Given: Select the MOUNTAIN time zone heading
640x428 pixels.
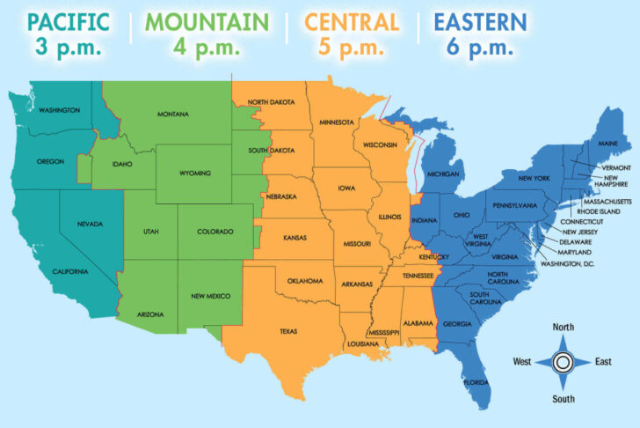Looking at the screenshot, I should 207,20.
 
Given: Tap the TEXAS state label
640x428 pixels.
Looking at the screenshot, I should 288,332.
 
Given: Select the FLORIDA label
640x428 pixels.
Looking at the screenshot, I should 476,382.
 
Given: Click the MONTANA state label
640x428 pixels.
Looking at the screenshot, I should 173,114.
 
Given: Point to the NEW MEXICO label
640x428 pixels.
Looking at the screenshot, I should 210,296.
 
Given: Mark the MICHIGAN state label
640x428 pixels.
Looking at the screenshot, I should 444,173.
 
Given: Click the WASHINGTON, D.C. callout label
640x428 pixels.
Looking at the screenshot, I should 567,263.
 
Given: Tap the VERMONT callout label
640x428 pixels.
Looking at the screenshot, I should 615,167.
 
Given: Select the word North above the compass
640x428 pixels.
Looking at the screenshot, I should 564,328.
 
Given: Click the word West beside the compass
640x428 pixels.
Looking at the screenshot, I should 523,361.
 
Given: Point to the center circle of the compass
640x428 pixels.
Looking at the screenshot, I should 564,361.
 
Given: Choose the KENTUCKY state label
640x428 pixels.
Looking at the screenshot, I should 433,257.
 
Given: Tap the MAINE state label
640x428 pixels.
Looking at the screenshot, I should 607,143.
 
